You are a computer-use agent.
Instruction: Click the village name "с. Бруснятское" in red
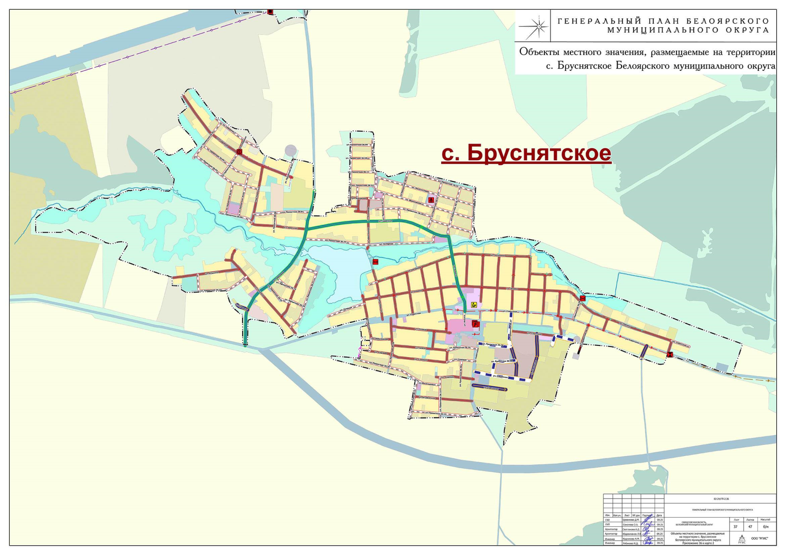pos(526,153)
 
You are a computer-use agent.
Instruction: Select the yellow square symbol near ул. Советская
pos(474,305)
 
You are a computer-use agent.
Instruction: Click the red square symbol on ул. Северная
pos(239,152)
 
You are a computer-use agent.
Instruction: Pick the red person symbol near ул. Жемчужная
pos(431,200)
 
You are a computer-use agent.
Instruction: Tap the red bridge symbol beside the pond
pos(375,262)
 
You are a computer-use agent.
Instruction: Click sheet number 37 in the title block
pos(735,526)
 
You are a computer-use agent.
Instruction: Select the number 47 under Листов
pos(750,526)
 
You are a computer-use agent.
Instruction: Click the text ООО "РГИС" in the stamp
pos(760,538)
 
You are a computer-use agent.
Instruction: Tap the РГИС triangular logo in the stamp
pos(742,538)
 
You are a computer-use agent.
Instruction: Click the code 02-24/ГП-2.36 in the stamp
pos(721,499)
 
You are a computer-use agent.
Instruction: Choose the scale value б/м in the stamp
pos(765,526)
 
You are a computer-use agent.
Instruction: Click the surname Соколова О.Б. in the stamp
pos(630,524)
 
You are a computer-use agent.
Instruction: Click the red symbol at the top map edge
pos(270,12)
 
